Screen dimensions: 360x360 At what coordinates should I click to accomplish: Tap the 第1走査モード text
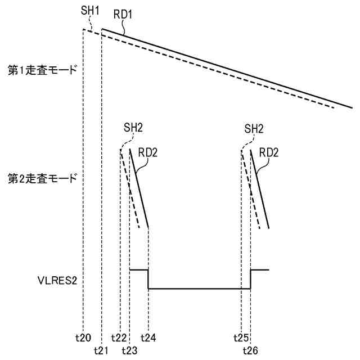coord(42,73)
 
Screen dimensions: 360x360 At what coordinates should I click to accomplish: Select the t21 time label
coord(101,350)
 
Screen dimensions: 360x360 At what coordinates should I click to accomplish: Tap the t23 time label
coord(129,350)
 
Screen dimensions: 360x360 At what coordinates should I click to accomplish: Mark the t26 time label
coord(250,350)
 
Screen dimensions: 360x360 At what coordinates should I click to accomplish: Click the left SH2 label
coord(133,128)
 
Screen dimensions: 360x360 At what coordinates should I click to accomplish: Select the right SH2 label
coord(254,128)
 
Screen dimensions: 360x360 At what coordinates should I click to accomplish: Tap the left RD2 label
coord(147,152)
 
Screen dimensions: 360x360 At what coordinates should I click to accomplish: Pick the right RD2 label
coord(268,152)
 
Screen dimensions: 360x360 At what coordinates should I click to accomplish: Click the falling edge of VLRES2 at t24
coord(148,279)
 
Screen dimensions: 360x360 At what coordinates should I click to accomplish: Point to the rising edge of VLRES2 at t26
coord(250,279)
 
